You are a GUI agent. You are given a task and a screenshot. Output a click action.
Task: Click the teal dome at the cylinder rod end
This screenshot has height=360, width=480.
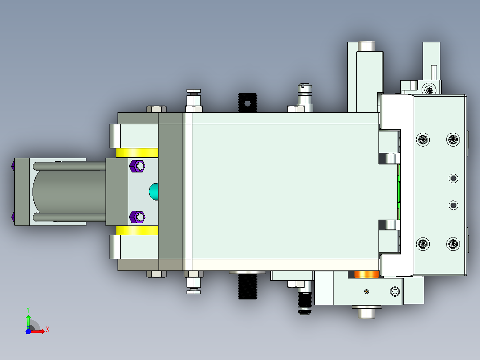[154, 192]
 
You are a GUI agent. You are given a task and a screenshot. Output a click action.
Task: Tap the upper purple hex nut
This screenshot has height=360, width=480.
[137, 166]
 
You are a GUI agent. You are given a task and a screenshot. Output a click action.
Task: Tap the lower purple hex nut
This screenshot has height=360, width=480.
[137, 217]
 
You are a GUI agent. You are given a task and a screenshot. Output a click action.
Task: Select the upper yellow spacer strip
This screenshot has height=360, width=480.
[137, 153]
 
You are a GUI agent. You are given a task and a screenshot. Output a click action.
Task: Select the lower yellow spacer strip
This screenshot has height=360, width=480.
[137, 230]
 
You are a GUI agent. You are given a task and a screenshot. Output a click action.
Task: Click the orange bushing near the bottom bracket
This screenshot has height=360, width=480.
[367, 274]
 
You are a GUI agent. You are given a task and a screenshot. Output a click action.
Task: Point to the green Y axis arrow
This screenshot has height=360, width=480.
[28, 321]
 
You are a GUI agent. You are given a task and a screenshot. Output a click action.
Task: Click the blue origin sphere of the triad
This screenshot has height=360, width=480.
[28, 331]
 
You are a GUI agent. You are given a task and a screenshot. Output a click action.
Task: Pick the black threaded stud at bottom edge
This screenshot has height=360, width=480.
[248, 286]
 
